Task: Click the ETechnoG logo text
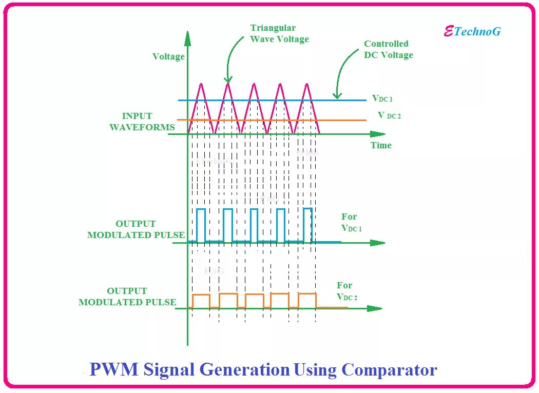[x=472, y=31]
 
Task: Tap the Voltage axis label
[x=168, y=56]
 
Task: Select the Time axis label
[x=381, y=145]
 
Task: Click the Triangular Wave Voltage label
[x=279, y=33]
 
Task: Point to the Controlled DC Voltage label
[x=388, y=49]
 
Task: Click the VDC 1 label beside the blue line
[x=382, y=98]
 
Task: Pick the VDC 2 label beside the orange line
[x=389, y=115]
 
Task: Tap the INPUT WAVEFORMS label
[x=142, y=122]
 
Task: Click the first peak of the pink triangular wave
[x=201, y=84]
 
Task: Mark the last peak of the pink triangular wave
[x=307, y=84]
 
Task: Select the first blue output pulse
[x=201, y=225]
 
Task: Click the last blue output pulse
[x=307, y=224]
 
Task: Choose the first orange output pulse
[x=201, y=301]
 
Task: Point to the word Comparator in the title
[x=389, y=369]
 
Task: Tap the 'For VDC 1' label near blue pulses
[x=351, y=222]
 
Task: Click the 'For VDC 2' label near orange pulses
[x=346, y=291]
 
